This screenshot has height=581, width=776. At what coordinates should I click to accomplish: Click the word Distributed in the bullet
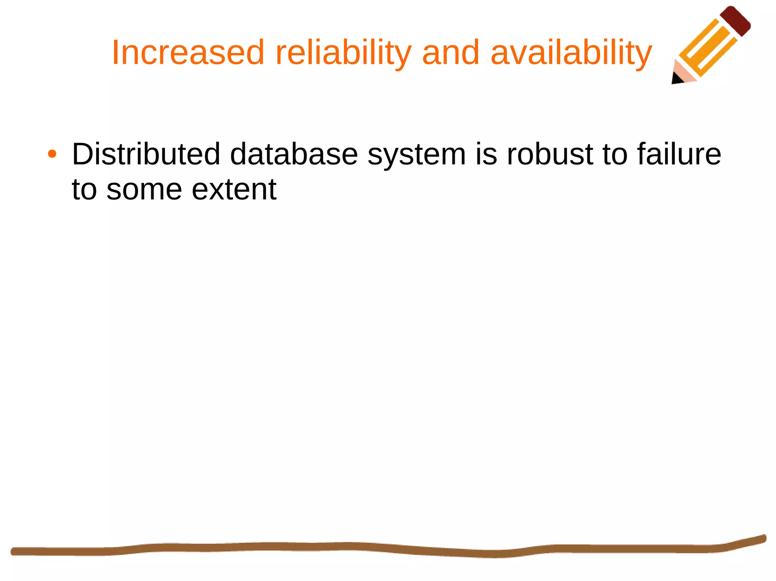point(146,154)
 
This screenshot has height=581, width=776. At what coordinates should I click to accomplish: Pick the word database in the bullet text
point(294,154)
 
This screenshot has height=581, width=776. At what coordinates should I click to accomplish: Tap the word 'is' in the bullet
point(486,154)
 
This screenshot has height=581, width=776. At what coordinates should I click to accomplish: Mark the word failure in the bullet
point(679,154)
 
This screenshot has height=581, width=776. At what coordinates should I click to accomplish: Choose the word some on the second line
point(144,189)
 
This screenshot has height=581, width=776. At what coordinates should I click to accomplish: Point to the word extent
point(234,189)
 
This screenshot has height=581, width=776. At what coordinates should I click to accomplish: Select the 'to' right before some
point(84,189)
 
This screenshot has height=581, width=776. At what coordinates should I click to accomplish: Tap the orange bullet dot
point(52,154)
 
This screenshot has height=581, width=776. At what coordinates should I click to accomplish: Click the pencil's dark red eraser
point(735,21)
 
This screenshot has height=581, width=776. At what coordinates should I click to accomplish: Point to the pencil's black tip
point(677,79)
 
